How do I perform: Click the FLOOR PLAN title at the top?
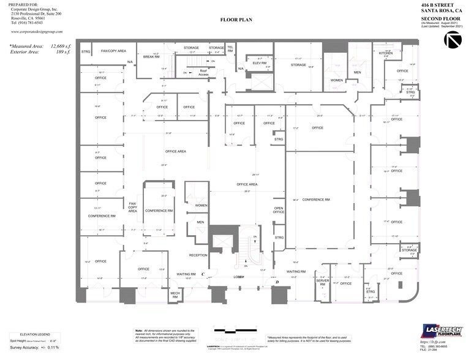pos(236,20)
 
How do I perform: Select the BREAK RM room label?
pos(151,56)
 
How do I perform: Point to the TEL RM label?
pos(231,48)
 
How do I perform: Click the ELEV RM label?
pos(258,63)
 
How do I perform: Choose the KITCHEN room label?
pos(386,53)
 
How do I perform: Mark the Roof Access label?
pos(204,72)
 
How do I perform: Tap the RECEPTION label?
pos(198,255)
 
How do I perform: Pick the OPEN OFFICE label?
pos(279,210)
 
